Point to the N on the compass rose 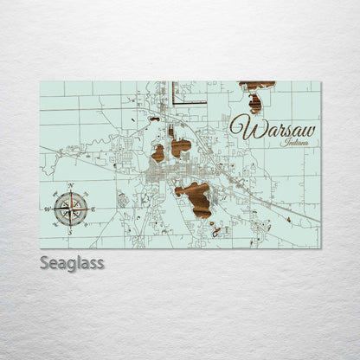pos(69,186)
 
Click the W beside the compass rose pos(48,209)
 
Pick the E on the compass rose pos(92,209)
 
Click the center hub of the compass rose pos(69,208)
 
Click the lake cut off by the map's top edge pos(257,85)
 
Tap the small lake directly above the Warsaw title pos(254,104)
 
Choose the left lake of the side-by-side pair pos(157,153)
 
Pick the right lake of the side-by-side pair pos(180,147)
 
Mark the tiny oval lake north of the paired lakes pos(153,119)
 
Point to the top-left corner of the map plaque pos(41,82)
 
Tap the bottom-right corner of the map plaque pos(320,247)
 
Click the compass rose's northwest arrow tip pos(59,197)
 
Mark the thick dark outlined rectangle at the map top pos(189,93)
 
